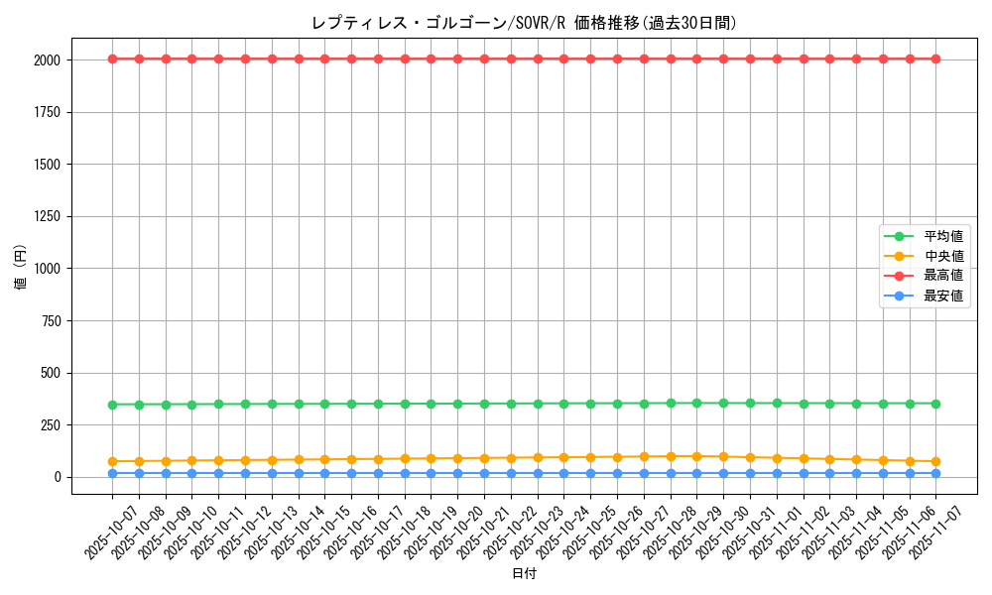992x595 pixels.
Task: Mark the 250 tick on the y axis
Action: point(51,425)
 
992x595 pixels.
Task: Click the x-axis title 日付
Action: point(524,574)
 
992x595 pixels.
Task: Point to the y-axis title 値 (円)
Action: point(21,269)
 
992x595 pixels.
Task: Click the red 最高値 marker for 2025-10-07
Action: point(112,59)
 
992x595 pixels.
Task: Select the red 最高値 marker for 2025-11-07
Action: point(935,59)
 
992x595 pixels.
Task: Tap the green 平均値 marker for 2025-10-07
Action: point(112,405)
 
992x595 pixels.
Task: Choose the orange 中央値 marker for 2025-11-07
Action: point(935,461)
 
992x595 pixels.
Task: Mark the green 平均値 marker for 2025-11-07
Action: point(935,404)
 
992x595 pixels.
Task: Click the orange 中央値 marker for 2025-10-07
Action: point(112,461)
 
